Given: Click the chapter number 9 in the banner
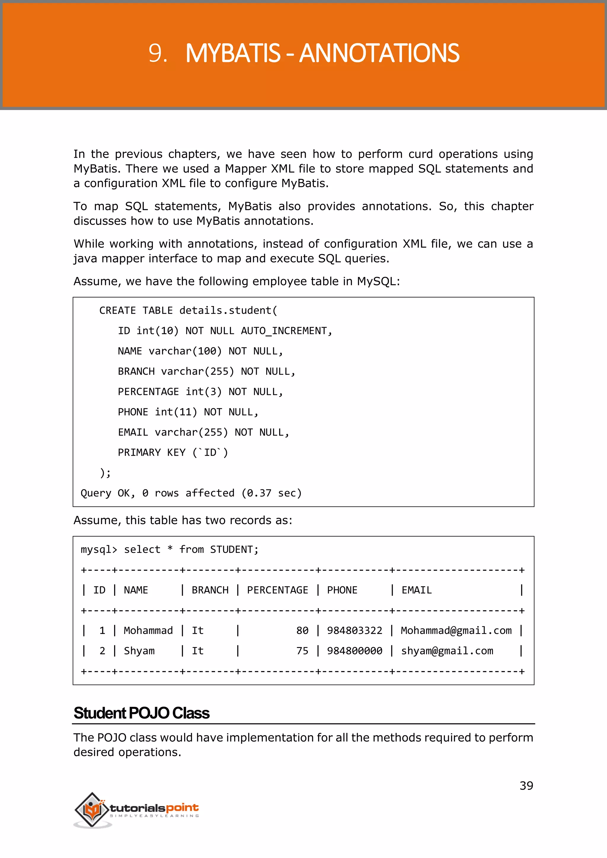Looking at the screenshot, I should coord(157,53).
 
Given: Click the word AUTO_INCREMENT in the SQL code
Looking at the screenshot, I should coord(284,331).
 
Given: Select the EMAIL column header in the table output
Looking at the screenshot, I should coord(416,590).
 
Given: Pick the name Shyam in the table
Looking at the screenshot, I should coord(139,651).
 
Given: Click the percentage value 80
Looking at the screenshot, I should coord(302,631).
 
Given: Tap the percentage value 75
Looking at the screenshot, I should coord(302,651).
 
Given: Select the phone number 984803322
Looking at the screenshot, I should coord(354,631).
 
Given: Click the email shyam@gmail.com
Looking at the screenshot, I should coord(447,651).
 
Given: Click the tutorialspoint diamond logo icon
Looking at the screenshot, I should coord(92,809).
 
